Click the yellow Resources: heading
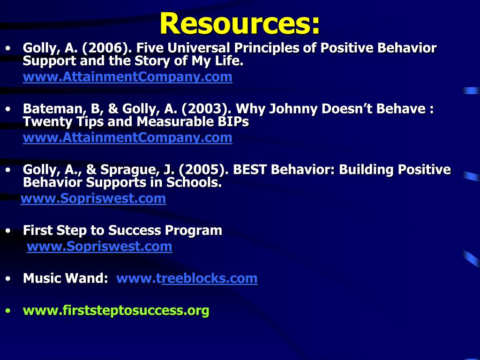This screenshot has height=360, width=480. (x=240, y=23)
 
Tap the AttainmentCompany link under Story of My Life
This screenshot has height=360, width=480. (x=127, y=76)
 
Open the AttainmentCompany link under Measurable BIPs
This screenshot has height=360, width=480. (x=127, y=137)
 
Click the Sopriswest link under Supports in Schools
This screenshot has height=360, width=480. (x=93, y=198)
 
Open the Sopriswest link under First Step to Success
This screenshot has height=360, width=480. (x=99, y=247)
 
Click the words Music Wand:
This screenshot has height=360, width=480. (x=66, y=278)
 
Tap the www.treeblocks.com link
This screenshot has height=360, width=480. (x=187, y=278)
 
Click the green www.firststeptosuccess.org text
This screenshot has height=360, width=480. (x=116, y=310)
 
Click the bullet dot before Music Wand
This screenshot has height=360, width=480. (x=8, y=279)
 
